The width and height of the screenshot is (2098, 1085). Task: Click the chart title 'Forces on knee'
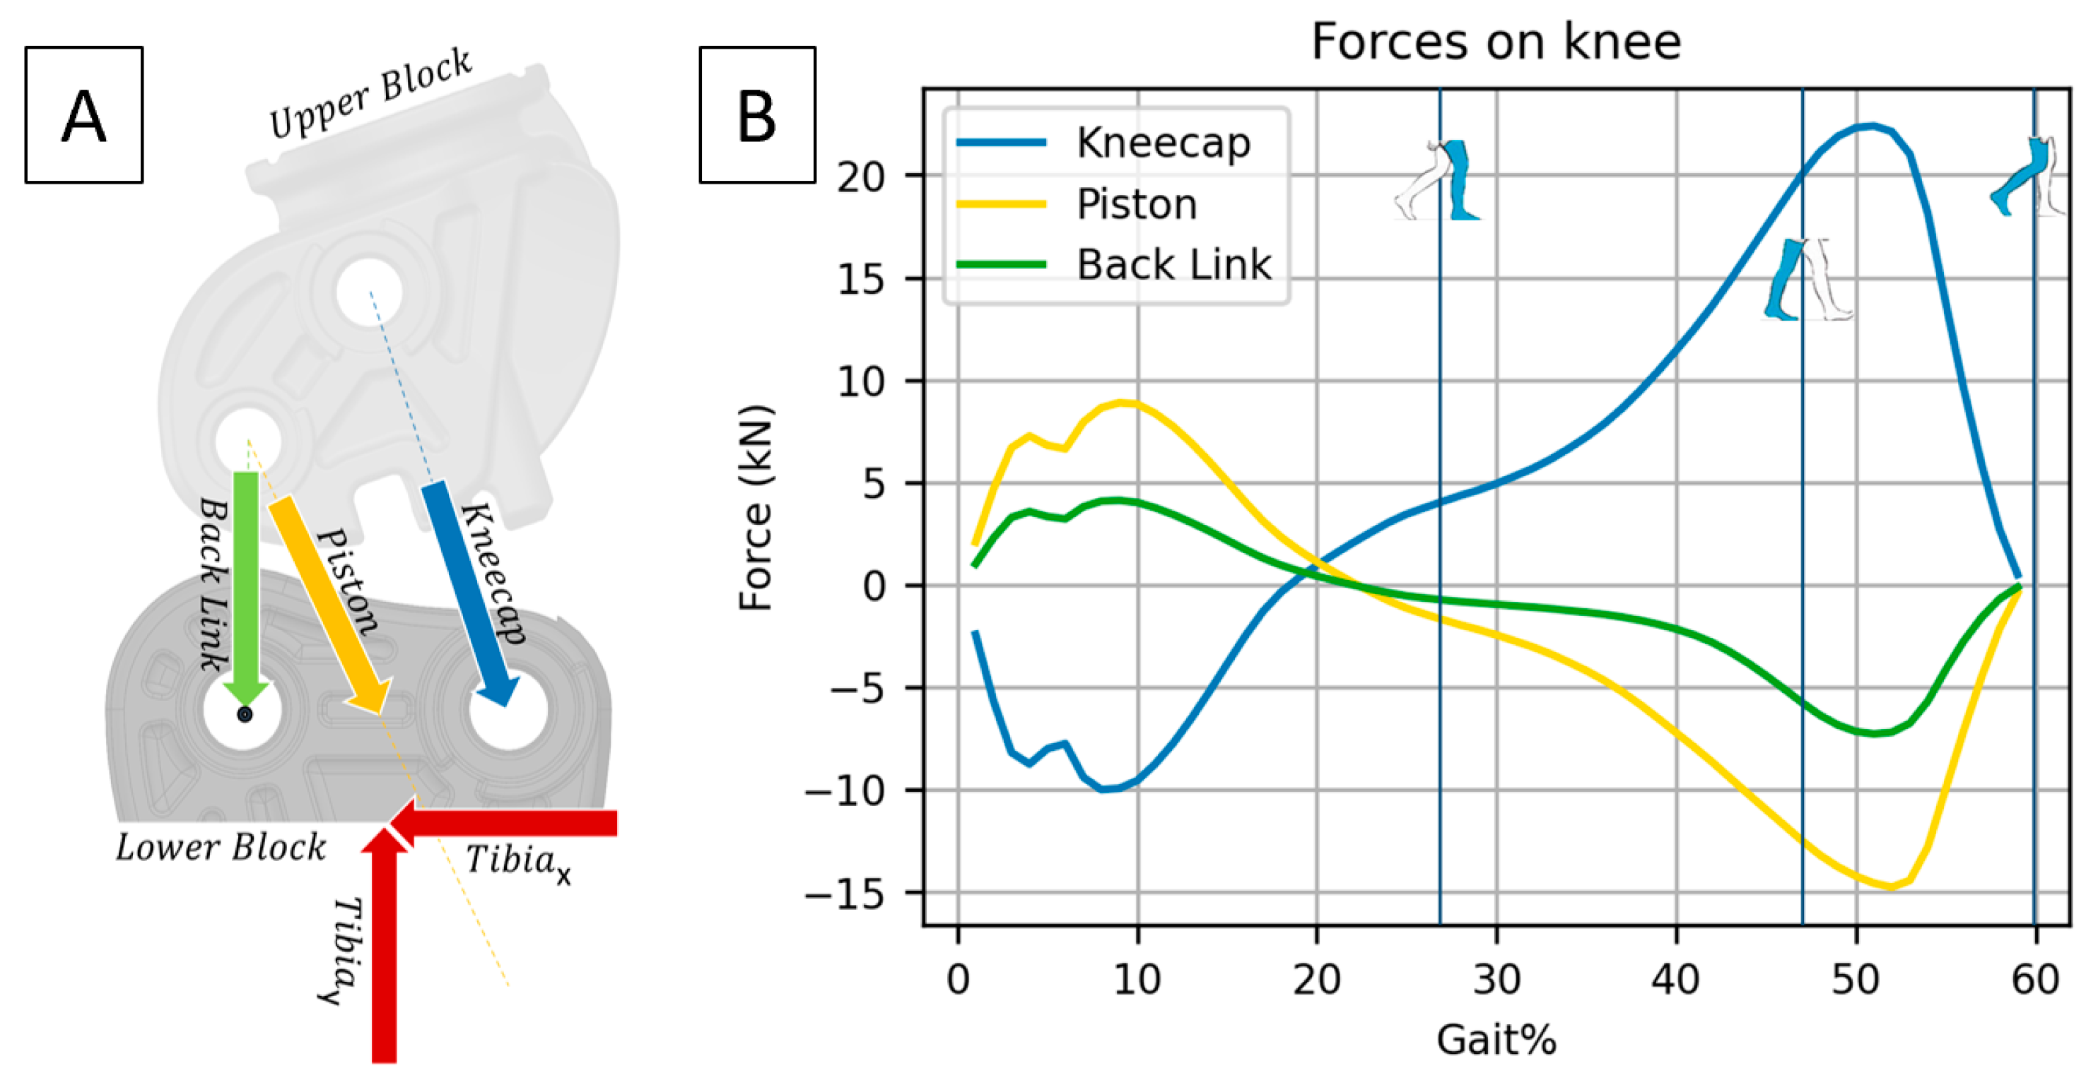tap(1495, 42)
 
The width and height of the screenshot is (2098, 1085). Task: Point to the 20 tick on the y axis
tap(861, 177)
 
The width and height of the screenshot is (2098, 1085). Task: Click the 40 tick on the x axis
tap(1675, 979)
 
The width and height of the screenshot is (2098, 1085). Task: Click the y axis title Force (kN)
tap(755, 507)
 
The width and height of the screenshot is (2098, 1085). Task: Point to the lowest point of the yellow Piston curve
tap(1890, 887)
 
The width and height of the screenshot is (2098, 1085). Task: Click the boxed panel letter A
tap(84, 116)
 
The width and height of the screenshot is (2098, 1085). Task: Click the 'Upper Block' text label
tap(370, 94)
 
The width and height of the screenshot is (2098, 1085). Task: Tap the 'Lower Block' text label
tap(221, 848)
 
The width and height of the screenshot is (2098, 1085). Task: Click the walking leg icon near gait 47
tap(1803, 279)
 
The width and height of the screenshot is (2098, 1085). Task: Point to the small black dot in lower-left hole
tap(245, 715)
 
